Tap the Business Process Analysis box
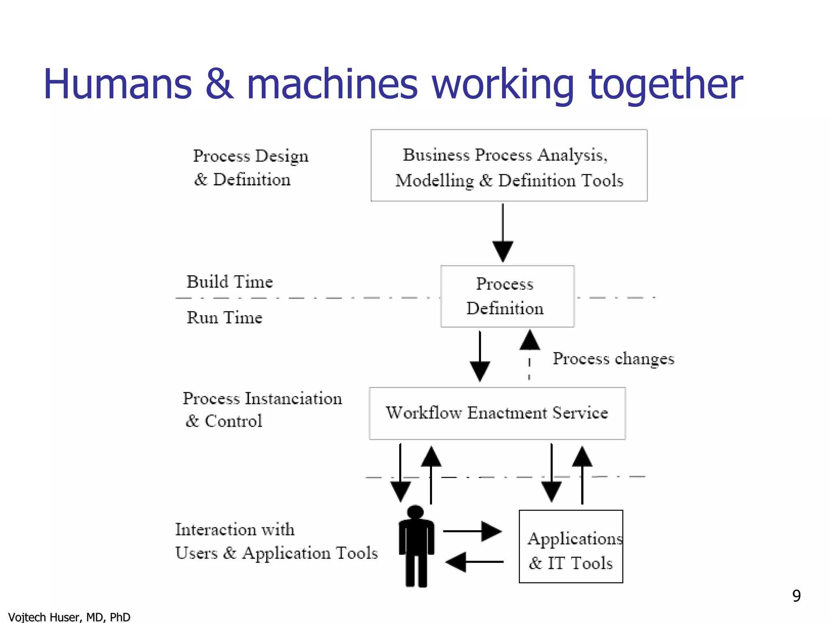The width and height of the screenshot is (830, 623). pyautogui.click(x=509, y=165)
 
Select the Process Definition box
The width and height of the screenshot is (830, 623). pyautogui.click(x=507, y=296)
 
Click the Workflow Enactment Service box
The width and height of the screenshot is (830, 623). pyautogui.click(x=497, y=413)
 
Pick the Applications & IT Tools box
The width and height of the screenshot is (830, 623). pyautogui.click(x=571, y=546)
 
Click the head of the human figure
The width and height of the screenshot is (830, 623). pyautogui.click(x=415, y=511)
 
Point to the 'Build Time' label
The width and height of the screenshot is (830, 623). pyautogui.click(x=229, y=281)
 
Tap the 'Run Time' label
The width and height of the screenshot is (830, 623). pyautogui.click(x=224, y=317)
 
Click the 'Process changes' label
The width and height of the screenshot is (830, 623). pyautogui.click(x=613, y=359)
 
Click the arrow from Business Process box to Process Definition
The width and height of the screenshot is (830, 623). pyautogui.click(x=503, y=233)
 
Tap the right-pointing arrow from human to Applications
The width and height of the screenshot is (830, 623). pyautogui.click(x=473, y=531)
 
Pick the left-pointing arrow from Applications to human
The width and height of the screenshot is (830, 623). pyautogui.click(x=474, y=562)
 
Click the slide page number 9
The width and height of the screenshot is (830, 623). pyautogui.click(x=796, y=596)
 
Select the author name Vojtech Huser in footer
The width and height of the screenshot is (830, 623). pyautogui.click(x=69, y=617)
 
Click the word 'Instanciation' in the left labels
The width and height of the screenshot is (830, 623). pyautogui.click(x=293, y=398)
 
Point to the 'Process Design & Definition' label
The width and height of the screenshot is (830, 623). pyautogui.click(x=250, y=168)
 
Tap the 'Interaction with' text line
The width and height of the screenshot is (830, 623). pyautogui.click(x=235, y=529)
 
